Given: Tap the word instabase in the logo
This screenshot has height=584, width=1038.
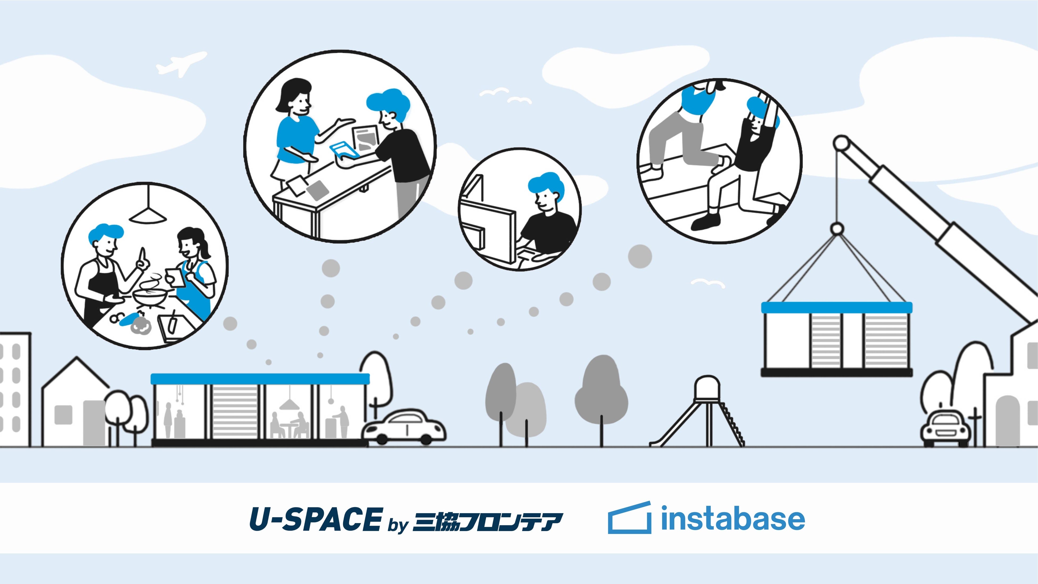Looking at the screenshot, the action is pos(732,519).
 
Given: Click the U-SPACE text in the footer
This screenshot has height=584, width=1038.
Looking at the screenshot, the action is pos(315,519).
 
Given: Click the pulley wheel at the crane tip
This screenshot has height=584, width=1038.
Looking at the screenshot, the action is pos(841,143).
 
